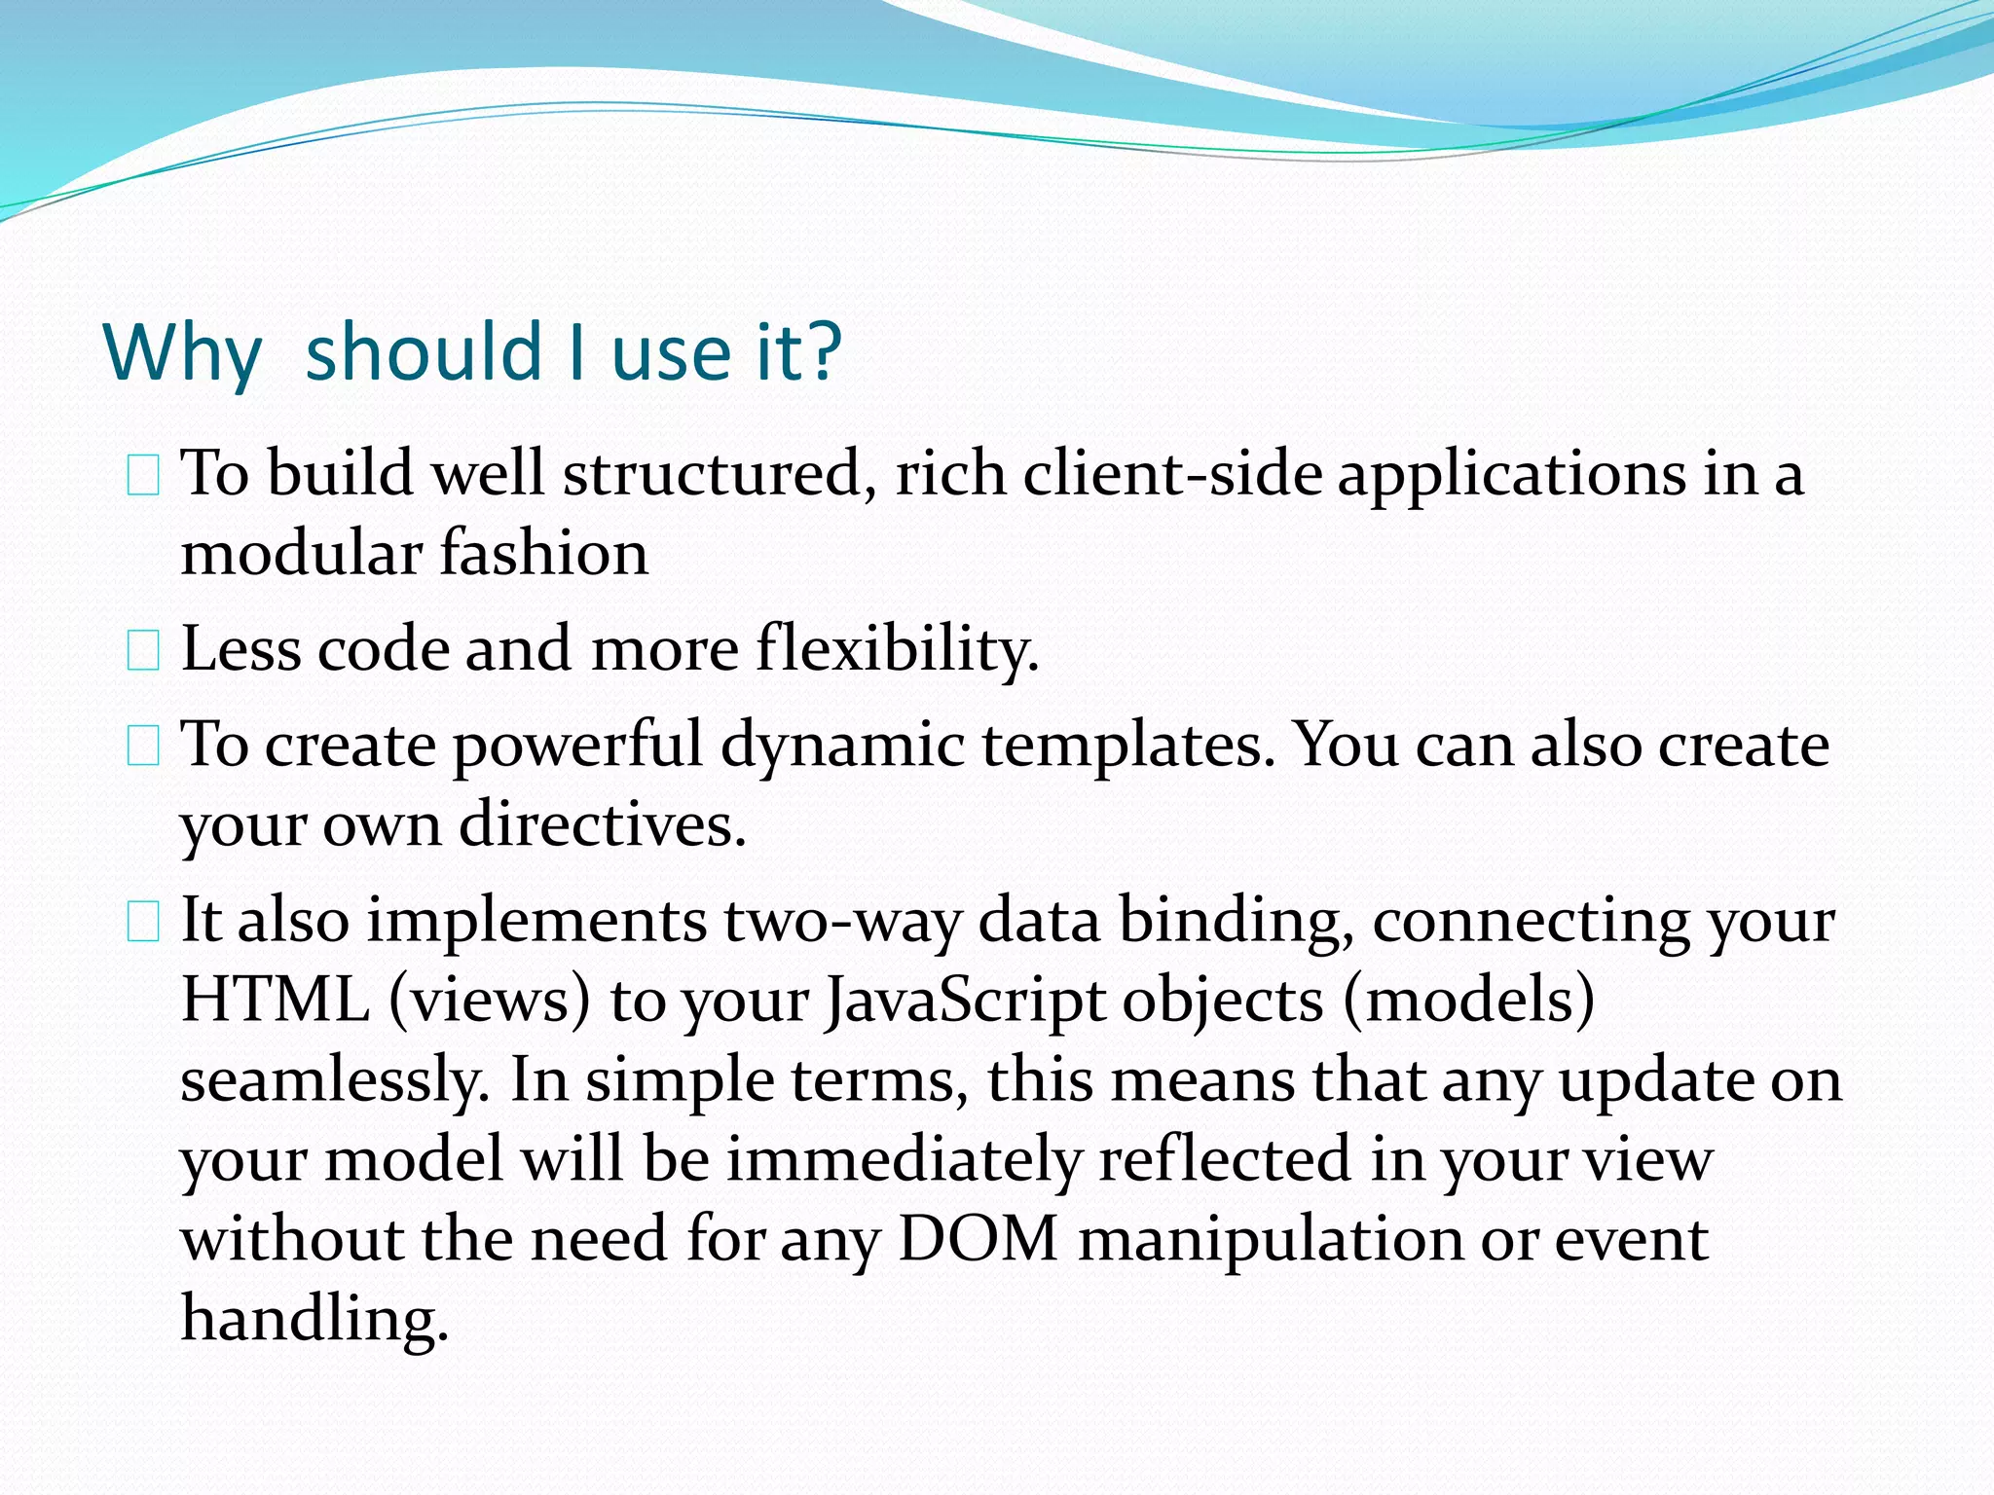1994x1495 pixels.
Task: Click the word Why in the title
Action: [x=182, y=352]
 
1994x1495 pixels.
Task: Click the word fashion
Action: [x=543, y=553]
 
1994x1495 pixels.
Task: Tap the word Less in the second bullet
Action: [x=240, y=649]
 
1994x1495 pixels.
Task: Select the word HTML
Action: [x=276, y=1001]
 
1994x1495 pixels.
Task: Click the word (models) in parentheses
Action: [x=1469, y=1001]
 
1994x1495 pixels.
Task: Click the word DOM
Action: [x=978, y=1240]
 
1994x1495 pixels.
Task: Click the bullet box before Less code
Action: [x=143, y=651]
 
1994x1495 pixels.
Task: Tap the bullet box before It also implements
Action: [x=143, y=922]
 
